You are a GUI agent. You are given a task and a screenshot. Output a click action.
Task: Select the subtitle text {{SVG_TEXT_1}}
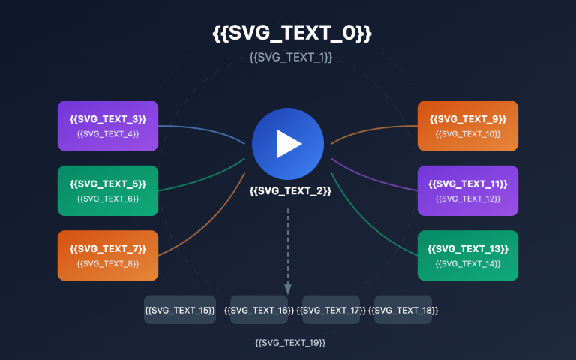pyautogui.click(x=291, y=57)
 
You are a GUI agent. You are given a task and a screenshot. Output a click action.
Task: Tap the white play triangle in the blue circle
pyautogui.click(x=289, y=143)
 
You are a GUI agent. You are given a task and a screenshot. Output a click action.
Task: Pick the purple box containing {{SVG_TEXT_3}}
pyautogui.click(x=108, y=126)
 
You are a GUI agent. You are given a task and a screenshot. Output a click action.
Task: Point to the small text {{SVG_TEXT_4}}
pyautogui.click(x=108, y=134)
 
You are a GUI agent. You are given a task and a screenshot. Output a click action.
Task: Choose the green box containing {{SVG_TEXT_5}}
pyautogui.click(x=108, y=190)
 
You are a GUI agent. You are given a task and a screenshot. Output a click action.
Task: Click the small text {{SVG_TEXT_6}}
pyautogui.click(x=108, y=199)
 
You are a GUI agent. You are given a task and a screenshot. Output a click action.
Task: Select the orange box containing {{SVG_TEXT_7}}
pyautogui.click(x=108, y=256)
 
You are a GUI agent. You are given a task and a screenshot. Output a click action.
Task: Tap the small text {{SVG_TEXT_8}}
pyautogui.click(x=108, y=264)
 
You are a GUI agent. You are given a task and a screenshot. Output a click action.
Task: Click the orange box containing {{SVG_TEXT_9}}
pyautogui.click(x=468, y=126)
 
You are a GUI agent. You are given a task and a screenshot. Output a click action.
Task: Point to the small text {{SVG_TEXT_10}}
pyautogui.click(x=468, y=134)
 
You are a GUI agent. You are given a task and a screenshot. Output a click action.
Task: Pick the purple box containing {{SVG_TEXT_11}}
pyautogui.click(x=468, y=190)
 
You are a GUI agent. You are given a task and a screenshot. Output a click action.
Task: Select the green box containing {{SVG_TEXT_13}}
pyautogui.click(x=468, y=256)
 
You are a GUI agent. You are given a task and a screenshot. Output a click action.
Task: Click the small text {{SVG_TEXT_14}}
pyautogui.click(x=468, y=264)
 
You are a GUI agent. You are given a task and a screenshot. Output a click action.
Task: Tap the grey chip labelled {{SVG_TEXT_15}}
pyautogui.click(x=180, y=310)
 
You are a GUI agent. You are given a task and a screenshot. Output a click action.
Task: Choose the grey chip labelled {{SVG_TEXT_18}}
pyautogui.click(x=403, y=310)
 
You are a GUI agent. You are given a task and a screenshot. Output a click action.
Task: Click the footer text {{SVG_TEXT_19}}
pyautogui.click(x=291, y=342)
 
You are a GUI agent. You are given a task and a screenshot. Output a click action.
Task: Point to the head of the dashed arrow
pyautogui.click(x=288, y=290)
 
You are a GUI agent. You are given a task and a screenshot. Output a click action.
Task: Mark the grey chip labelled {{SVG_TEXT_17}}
pyautogui.click(x=331, y=310)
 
